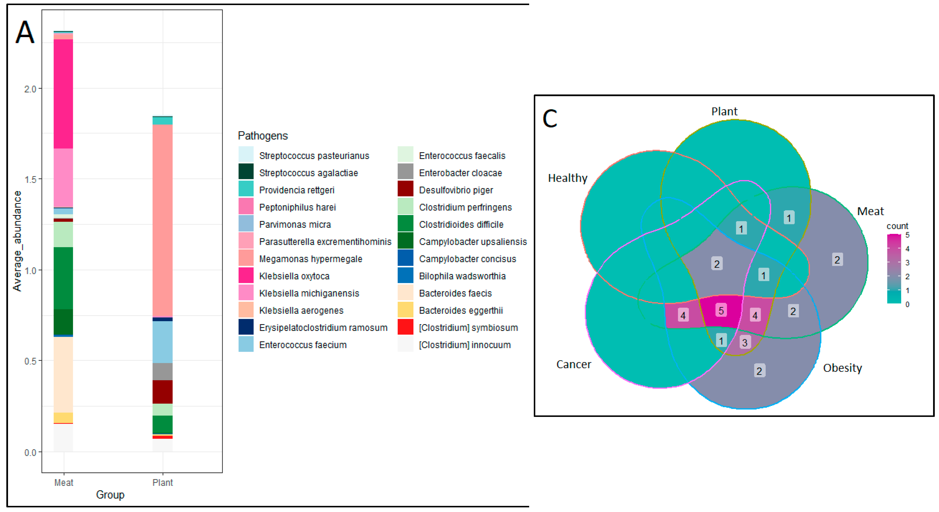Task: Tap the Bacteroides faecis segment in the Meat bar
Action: pos(63,374)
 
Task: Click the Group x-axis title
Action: pos(110,494)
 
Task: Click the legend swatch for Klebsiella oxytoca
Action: pos(246,276)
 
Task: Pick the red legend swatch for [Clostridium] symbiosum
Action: pos(405,327)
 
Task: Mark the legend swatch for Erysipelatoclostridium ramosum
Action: pos(246,327)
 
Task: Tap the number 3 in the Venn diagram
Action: pos(745,342)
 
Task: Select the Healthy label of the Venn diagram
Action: pos(568,178)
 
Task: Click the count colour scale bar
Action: pos(894,269)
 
